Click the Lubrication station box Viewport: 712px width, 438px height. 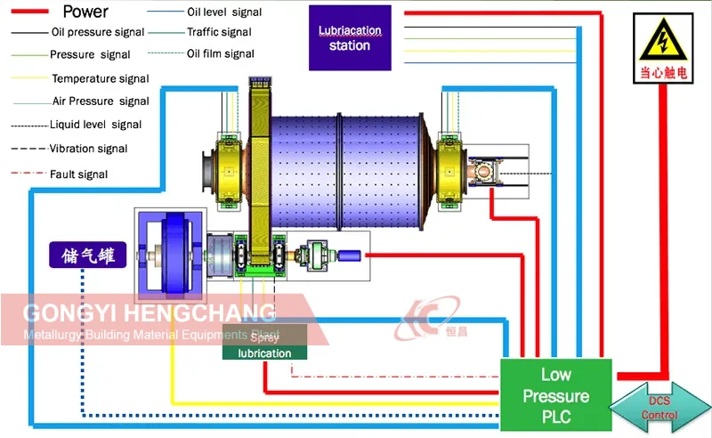click(x=350, y=37)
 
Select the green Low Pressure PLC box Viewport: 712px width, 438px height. click(x=555, y=394)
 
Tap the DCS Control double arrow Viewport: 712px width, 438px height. click(x=659, y=409)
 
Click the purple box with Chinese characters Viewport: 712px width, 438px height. click(x=87, y=255)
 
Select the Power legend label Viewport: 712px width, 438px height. click(x=85, y=12)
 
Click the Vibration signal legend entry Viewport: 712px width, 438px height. click(x=88, y=149)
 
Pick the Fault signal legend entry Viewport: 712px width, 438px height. click(x=79, y=174)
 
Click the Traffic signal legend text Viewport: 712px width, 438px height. click(x=219, y=32)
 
